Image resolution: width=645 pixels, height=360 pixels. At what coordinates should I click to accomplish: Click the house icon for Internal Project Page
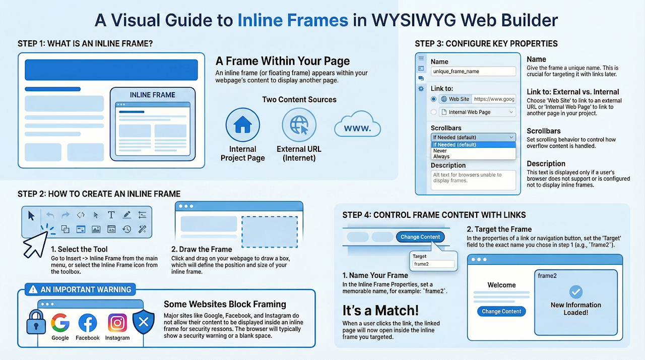[x=242, y=125]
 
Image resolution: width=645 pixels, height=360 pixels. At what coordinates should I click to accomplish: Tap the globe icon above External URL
[x=299, y=125]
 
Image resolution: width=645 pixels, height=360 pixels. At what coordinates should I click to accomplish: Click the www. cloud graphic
[x=357, y=125]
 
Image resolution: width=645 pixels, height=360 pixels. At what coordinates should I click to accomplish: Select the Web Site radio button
[x=433, y=99]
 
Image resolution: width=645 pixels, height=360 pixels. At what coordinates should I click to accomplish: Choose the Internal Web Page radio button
[x=433, y=112]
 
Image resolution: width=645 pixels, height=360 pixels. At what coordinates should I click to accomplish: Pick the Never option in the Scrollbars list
[x=440, y=151]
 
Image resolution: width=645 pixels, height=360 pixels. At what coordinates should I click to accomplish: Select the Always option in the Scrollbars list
[x=441, y=156]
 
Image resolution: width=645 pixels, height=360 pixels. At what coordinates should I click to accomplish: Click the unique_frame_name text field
[x=473, y=72]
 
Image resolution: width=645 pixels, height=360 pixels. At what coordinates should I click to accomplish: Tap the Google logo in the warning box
[x=60, y=323]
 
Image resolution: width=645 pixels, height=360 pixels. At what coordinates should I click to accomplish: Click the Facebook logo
[x=88, y=323]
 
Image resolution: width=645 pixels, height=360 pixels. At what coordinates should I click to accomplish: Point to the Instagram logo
[x=117, y=323]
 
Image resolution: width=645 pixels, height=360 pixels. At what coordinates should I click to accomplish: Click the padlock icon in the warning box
[x=36, y=322]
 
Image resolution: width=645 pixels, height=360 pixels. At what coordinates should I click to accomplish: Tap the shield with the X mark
[x=144, y=322]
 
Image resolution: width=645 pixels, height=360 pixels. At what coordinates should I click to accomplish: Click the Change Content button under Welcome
[x=501, y=311]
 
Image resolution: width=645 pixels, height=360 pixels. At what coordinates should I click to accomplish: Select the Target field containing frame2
[x=433, y=264]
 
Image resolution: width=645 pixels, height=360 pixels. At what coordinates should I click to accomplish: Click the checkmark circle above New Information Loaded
[x=576, y=292]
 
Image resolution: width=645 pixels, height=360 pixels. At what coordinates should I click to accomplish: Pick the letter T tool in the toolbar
[x=111, y=215]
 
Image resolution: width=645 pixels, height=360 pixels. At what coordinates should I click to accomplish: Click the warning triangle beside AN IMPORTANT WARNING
[x=33, y=289]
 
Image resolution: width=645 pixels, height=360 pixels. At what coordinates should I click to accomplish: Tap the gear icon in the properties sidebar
[x=421, y=88]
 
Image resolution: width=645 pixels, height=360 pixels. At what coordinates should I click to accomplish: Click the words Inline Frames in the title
[x=293, y=20]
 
